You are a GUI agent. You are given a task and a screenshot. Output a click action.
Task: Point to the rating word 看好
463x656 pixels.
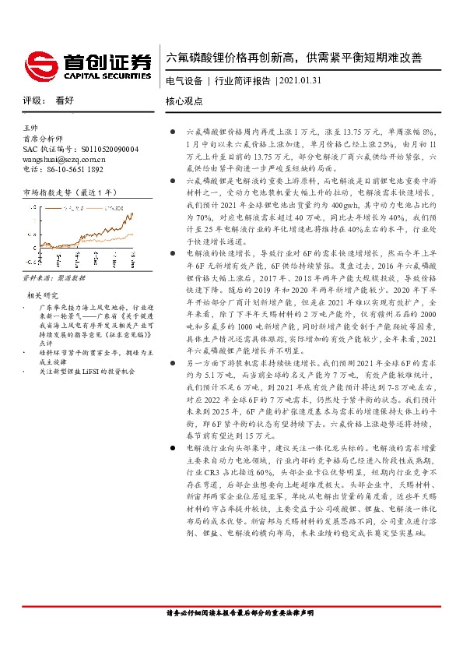pos(65,101)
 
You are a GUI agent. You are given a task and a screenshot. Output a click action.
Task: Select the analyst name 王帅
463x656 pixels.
pos(31,127)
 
